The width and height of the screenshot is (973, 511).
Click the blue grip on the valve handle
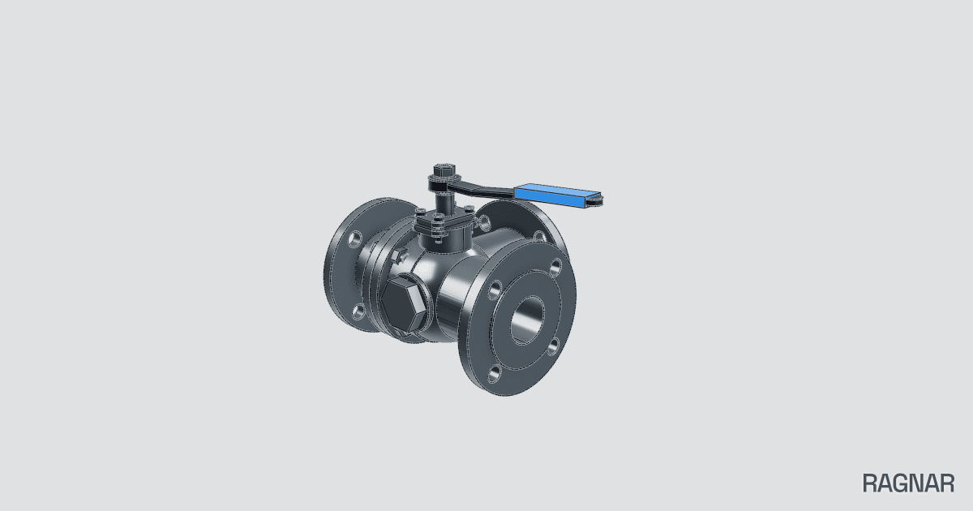coord(557,193)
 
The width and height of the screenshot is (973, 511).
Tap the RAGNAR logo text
coord(908,483)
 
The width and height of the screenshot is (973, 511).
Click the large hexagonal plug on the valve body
coord(402,303)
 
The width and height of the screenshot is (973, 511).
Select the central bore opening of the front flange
coord(527,320)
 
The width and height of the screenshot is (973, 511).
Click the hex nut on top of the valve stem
coord(444,169)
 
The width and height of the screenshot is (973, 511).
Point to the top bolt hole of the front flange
coord(555,266)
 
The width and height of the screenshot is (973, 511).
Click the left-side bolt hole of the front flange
coord(495,290)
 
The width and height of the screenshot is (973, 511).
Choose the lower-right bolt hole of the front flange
coord(553,347)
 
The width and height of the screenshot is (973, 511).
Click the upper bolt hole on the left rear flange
coord(355,239)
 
